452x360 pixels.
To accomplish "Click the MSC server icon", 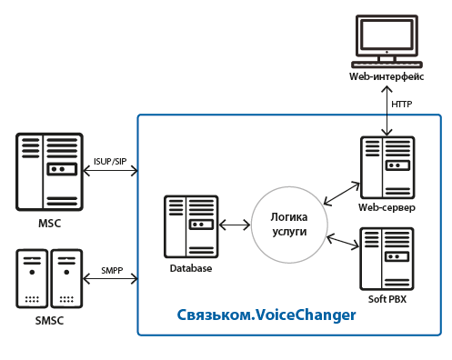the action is pos(49,172).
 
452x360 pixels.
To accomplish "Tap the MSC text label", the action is pos(50,224).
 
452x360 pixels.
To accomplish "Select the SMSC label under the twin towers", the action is pos(49,321).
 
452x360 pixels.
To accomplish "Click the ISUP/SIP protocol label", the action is pos(110,162).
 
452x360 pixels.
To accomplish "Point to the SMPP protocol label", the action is pos(112,270).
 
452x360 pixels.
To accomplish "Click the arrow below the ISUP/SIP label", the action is pos(110,171).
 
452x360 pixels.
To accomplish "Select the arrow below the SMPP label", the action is pos(110,279).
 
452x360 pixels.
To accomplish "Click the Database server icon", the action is pos(191,226).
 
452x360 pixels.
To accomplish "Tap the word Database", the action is pos(191,268).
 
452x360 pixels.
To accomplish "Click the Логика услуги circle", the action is pos(289,225).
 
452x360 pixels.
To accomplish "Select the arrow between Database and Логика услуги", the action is pos(235,225).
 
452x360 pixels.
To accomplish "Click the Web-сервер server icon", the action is pos(387,167).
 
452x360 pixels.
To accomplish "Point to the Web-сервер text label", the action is pos(387,207).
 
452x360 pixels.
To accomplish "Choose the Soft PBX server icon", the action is pos(387,259).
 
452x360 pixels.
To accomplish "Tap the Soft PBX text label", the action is pos(387,299).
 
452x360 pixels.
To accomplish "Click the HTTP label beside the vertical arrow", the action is pos(402,105).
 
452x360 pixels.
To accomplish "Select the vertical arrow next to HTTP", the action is pos(387,111).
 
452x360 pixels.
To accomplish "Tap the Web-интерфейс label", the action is pos(387,76).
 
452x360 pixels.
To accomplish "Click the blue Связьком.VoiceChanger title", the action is pos(266,315).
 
